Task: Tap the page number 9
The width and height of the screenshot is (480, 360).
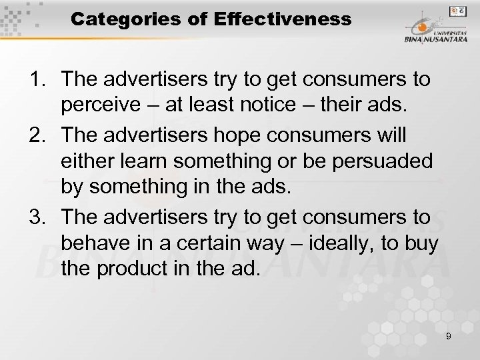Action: [x=449, y=337]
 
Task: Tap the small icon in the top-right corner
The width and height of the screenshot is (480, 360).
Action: [x=457, y=11]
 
